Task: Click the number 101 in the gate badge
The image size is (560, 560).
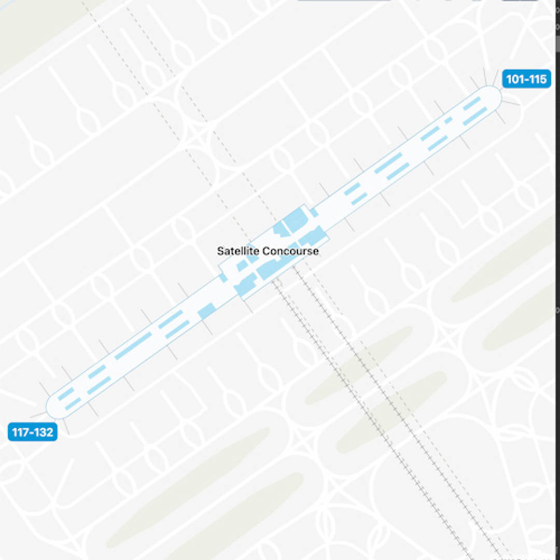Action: [x=515, y=79]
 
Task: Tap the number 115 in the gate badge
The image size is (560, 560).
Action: [x=538, y=79]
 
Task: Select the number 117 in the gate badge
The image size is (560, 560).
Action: [x=21, y=432]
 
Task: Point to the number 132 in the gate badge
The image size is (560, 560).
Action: [x=44, y=432]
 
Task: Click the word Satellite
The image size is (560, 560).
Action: [x=237, y=251]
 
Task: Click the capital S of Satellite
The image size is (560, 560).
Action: [x=220, y=251]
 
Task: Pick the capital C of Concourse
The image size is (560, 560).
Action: [x=264, y=251]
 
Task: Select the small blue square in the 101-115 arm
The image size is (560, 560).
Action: [x=448, y=120]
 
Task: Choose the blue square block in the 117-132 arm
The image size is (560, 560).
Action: [x=206, y=311]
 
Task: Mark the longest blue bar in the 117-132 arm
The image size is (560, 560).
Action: [x=133, y=346]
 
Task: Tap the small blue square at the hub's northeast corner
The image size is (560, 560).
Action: [x=314, y=212]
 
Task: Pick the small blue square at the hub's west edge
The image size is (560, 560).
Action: [x=222, y=278]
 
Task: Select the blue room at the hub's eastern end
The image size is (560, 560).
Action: [x=313, y=236]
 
